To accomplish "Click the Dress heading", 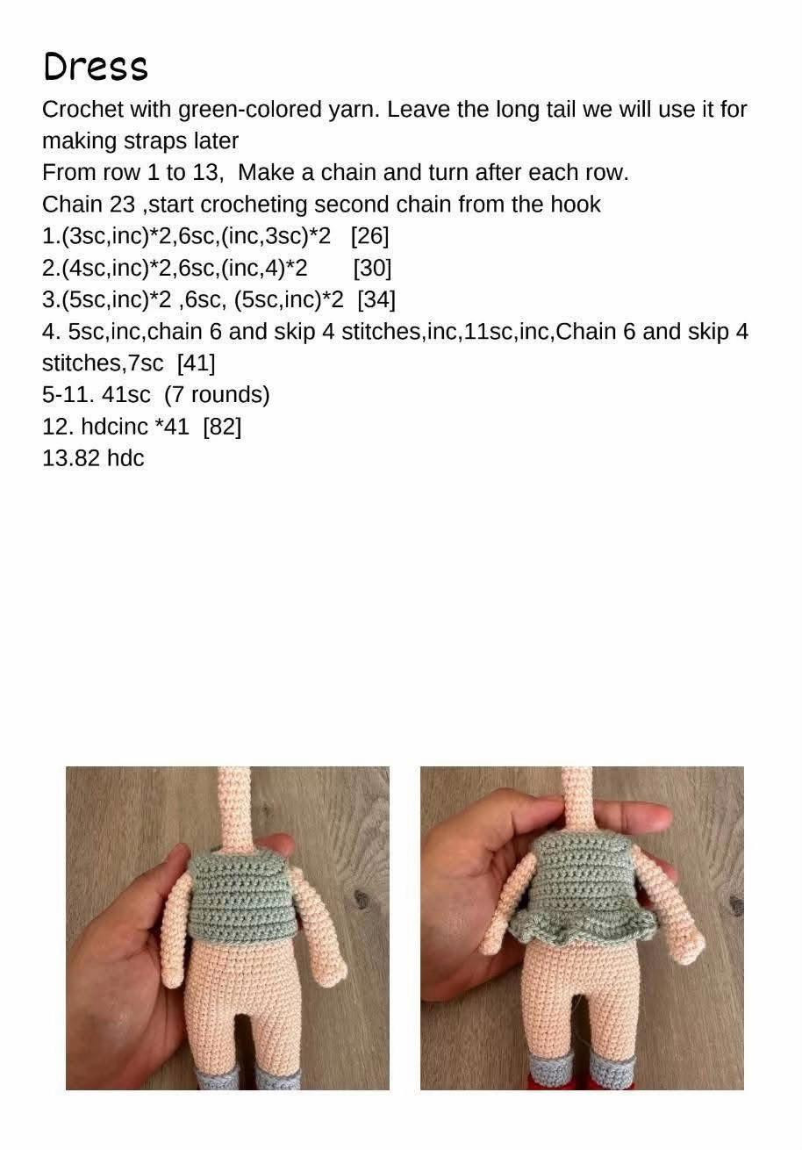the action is click(x=96, y=66).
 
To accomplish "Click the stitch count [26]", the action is click(x=369, y=235).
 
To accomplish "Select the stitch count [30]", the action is click(x=373, y=268).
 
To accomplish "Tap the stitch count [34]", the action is click(x=376, y=299).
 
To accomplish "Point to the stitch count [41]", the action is click(x=196, y=363).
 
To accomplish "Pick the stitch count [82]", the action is click(x=222, y=427).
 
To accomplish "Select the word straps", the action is click(x=155, y=141).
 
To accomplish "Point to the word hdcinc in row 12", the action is click(x=114, y=427).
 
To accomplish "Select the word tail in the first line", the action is click(x=561, y=110).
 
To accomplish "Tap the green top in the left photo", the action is click(x=244, y=896).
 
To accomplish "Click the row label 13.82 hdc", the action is click(x=93, y=458).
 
